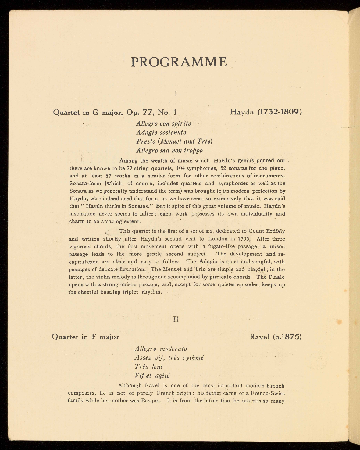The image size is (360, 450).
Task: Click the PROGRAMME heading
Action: [x=179, y=62]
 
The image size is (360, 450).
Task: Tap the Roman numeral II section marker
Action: [x=176, y=319]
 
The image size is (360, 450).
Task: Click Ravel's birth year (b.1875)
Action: [x=288, y=337]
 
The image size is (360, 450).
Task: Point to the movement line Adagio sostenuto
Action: [x=161, y=133]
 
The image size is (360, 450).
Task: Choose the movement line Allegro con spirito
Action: [x=164, y=123]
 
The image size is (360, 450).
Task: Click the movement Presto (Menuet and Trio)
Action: [x=174, y=141]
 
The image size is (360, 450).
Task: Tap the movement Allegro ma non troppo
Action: [x=169, y=150]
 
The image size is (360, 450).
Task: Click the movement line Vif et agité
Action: [x=152, y=375]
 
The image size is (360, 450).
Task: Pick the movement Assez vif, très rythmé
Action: [x=169, y=358]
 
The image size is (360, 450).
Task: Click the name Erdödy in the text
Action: [x=275, y=231]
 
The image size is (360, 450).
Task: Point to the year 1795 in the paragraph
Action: [x=244, y=239]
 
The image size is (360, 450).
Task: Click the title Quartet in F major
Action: [x=86, y=337]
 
